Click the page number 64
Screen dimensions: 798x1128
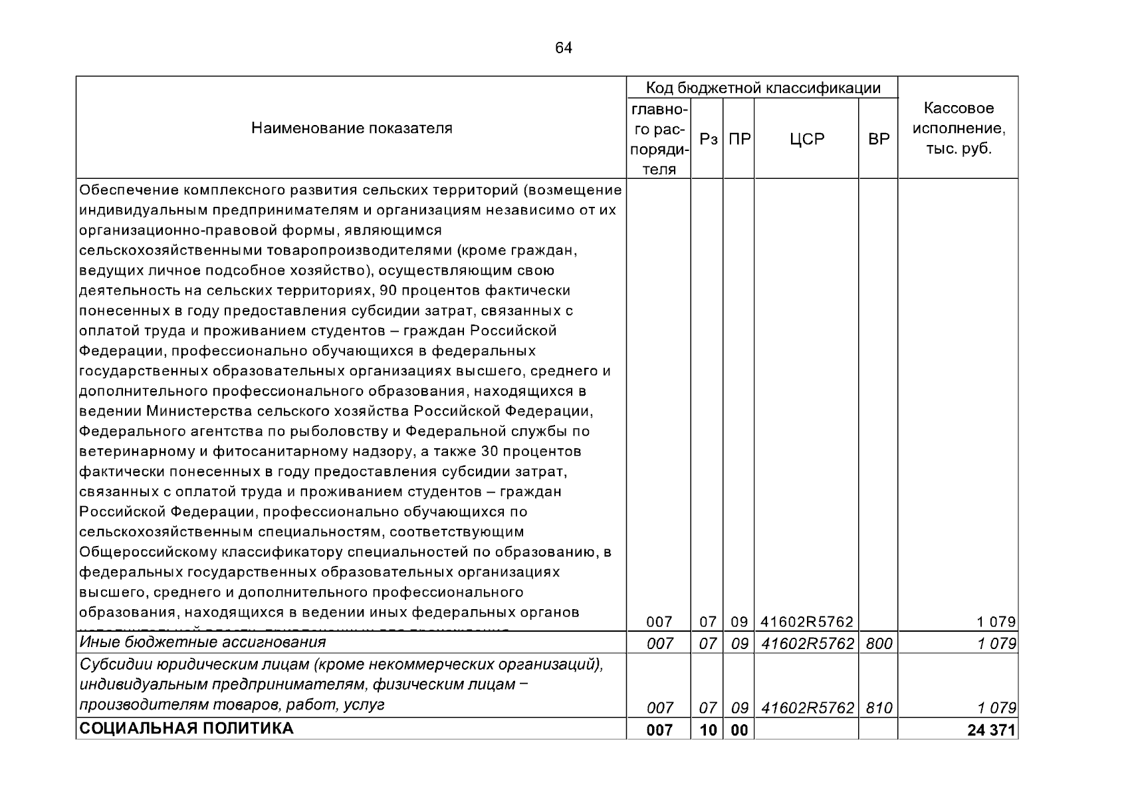click(563, 48)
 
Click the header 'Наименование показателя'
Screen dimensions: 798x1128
click(352, 128)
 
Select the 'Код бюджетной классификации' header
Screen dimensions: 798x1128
click(763, 88)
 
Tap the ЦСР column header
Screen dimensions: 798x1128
click(807, 140)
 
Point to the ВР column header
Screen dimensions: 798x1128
click(879, 140)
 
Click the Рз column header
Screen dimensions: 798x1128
click(709, 140)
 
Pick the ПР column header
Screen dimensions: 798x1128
click(740, 140)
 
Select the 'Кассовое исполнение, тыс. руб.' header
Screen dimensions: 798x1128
click(959, 128)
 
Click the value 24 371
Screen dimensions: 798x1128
click(992, 730)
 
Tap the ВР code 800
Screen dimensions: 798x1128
click(879, 644)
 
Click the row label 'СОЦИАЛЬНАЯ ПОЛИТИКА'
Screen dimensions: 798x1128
click(187, 729)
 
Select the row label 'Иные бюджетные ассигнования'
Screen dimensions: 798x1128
click(203, 642)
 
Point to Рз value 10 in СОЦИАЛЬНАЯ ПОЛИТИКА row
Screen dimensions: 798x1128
click(709, 730)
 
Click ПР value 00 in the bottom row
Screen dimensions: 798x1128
click(739, 730)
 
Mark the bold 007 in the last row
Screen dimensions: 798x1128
click(659, 730)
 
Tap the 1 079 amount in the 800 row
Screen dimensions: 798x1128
click(996, 644)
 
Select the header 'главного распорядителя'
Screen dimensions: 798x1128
click(659, 138)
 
